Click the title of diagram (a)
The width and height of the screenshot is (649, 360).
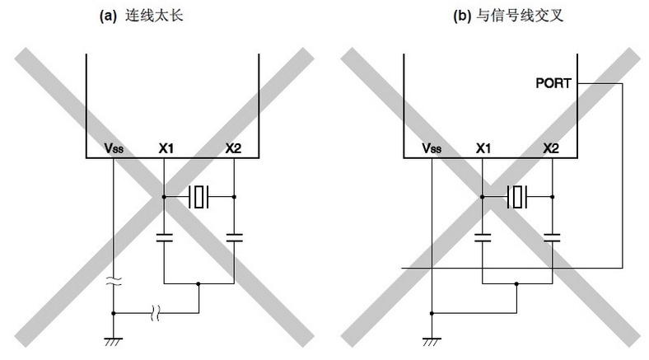[141, 16]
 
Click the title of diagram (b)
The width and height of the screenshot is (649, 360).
[508, 16]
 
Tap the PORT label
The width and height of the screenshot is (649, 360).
[553, 83]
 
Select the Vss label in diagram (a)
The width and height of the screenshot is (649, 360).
[114, 148]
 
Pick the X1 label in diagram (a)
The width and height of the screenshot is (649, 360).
[166, 148]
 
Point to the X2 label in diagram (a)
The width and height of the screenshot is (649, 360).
[233, 148]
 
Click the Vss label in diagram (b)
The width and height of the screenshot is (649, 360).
[432, 148]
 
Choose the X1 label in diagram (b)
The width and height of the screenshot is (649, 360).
[483, 148]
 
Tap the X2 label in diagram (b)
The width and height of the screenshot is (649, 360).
[551, 148]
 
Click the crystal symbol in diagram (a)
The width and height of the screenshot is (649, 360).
[198, 197]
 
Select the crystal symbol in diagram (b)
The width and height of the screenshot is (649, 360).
[517, 197]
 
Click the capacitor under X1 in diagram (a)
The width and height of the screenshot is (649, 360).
[165, 237]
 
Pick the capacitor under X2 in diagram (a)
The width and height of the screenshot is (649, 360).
[234, 237]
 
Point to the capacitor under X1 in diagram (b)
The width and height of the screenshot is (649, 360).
[482, 237]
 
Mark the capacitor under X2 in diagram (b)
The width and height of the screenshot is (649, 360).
[552, 237]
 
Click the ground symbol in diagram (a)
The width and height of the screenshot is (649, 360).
[114, 342]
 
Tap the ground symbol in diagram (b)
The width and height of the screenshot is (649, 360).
[432, 342]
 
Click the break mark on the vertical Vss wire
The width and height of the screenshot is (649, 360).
[114, 282]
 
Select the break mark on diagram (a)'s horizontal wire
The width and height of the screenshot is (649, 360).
[155, 313]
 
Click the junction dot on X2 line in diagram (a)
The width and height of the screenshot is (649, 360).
[234, 197]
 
